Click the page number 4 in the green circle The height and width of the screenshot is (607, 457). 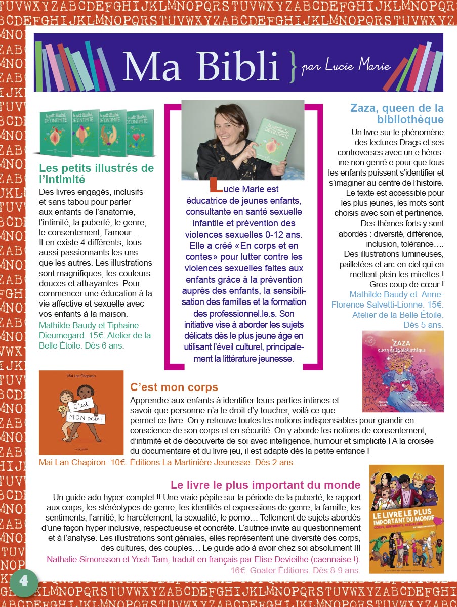pyautogui.click(x=24, y=582)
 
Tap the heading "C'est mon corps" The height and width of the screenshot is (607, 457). pyautogui.click(x=174, y=388)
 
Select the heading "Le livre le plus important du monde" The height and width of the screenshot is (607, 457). pyautogui.click(x=265, y=485)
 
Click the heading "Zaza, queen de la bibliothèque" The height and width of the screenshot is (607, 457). pyautogui.click(x=397, y=114)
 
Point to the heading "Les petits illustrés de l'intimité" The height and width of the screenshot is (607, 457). pyautogui.click(x=96, y=174)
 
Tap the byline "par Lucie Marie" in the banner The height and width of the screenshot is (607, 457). pyautogui.click(x=339, y=67)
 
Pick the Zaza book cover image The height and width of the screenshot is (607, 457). pyautogui.click(x=402, y=371)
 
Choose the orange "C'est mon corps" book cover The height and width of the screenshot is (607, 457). pyautogui.click(x=81, y=412)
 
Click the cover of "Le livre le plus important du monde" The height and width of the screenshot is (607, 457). pyautogui.click(x=406, y=518)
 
